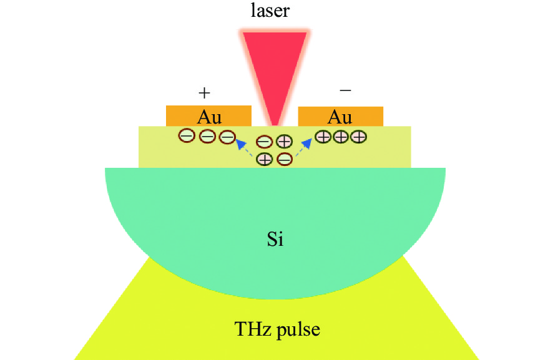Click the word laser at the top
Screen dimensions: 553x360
[270, 10]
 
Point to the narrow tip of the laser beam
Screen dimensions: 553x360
[275, 125]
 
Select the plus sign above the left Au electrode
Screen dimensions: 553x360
[204, 93]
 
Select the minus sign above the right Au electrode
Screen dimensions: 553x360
[345, 90]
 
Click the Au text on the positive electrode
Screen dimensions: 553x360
[209, 117]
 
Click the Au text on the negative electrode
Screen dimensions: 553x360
[340, 117]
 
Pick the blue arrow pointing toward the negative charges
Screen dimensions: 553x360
[244, 147]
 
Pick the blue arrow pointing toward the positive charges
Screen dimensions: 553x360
[304, 147]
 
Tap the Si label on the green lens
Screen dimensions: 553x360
[275, 239]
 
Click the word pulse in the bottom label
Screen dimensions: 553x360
[298, 330]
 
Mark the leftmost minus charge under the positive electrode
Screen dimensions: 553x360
[187, 135]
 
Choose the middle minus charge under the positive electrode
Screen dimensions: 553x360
[207, 136]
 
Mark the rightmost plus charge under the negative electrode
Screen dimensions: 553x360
[358, 137]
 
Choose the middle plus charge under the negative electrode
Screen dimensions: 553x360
[341, 137]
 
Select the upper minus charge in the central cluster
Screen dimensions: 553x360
[264, 142]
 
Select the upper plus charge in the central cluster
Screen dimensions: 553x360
[284, 142]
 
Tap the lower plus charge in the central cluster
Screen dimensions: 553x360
[265, 159]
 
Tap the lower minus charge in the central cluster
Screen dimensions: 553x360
[285, 159]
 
